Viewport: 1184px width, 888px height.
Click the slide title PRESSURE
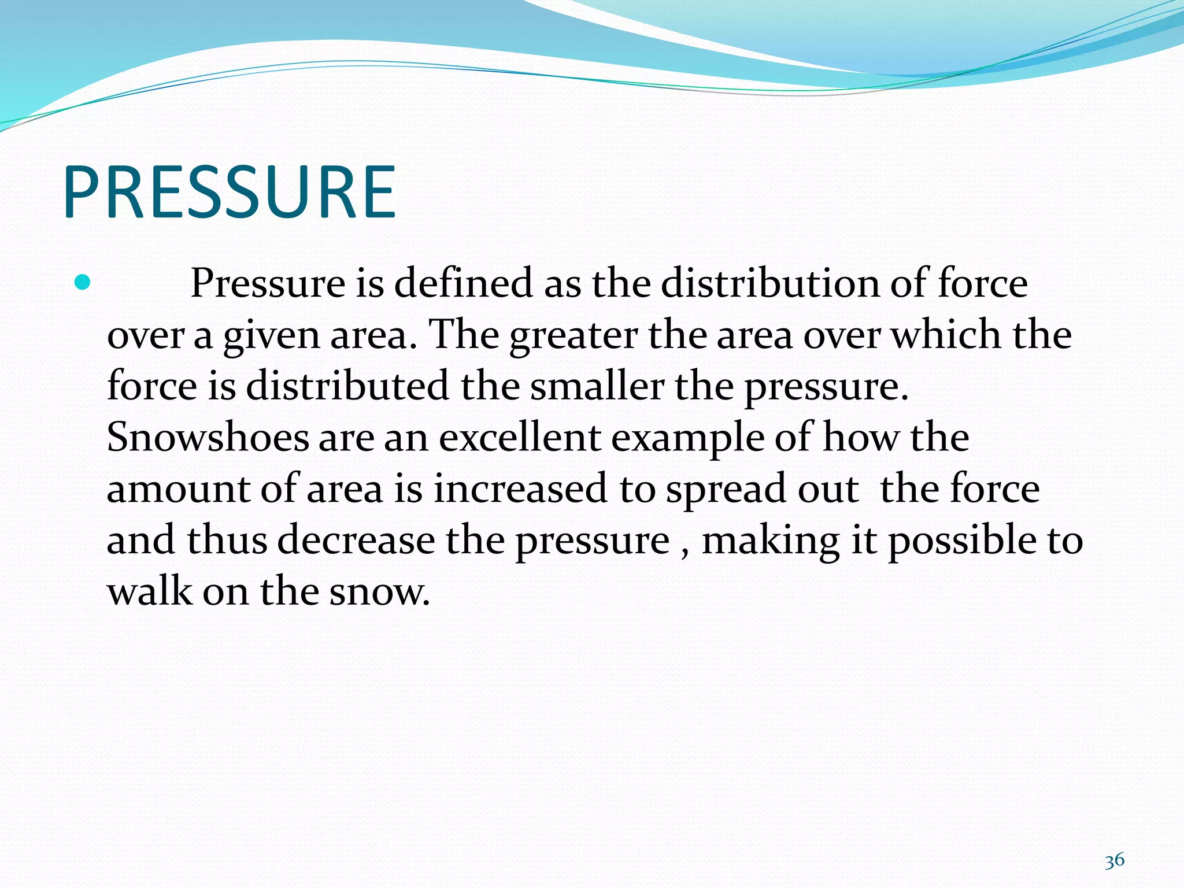(230, 192)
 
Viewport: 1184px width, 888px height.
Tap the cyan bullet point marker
(83, 283)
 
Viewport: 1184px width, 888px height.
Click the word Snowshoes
(208, 437)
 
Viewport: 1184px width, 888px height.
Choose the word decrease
(356, 540)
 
